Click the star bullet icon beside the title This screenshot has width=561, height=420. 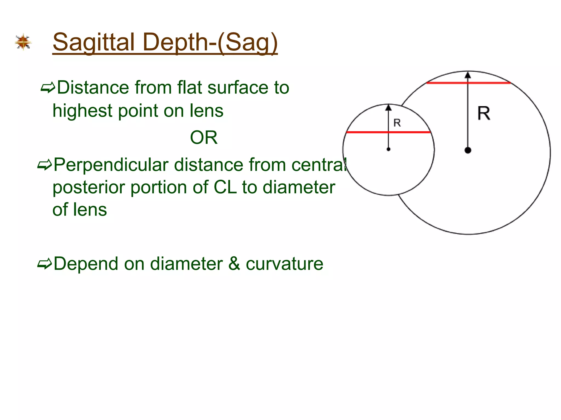point(23,42)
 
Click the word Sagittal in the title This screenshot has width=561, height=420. point(93,42)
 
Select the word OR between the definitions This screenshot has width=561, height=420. point(204,138)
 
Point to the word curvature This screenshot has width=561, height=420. point(284,264)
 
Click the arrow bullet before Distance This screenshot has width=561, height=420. point(48,88)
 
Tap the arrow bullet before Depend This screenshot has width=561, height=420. point(44,264)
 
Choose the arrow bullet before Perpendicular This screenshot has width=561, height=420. point(44,165)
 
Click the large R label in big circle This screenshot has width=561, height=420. point(483,113)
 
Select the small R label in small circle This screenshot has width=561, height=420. point(397,123)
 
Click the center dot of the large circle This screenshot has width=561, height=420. point(468,150)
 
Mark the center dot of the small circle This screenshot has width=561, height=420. point(388,149)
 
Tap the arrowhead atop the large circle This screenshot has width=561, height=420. point(468,75)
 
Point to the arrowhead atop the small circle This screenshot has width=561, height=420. point(388,107)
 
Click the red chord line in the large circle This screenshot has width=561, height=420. point(444,83)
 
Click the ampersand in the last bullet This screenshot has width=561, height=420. point(234,264)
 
